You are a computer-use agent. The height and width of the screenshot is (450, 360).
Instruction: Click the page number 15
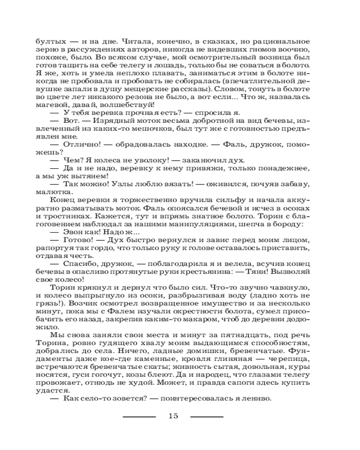pyautogui.click(x=174, y=416)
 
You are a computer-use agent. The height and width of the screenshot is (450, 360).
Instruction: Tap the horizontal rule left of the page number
pyautogui.click(x=139, y=416)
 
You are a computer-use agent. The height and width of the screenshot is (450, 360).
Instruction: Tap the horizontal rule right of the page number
pyautogui.click(x=207, y=416)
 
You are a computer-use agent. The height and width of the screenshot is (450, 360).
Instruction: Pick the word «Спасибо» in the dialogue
pyautogui.click(x=81, y=263)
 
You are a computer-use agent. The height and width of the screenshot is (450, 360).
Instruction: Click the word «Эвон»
pyautogui.click(x=75, y=232)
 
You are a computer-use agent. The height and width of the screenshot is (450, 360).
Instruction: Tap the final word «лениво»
pyautogui.click(x=256, y=399)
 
